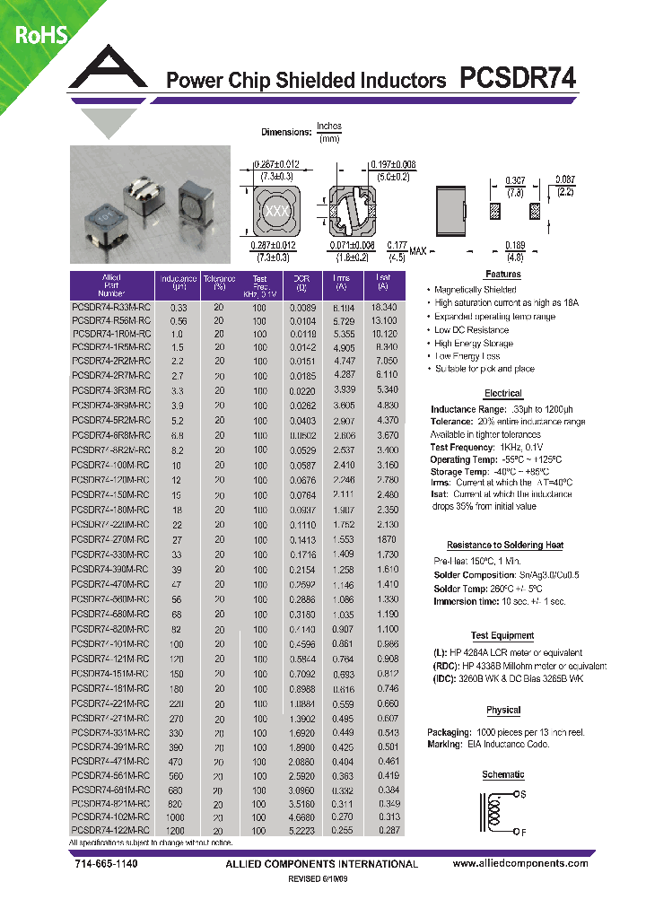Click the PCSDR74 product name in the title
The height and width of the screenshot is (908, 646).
point(518,79)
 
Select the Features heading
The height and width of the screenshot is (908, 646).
point(502,275)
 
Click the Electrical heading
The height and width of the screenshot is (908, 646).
point(502,393)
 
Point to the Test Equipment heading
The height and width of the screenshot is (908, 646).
point(502,635)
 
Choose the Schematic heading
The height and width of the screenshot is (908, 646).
point(502,774)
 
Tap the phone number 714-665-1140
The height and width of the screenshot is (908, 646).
point(104,863)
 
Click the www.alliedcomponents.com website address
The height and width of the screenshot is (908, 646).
point(520,863)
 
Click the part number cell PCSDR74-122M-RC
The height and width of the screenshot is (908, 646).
point(111,831)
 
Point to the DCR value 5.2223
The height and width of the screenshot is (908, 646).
point(301,831)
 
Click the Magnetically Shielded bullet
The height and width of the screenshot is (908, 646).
point(475,290)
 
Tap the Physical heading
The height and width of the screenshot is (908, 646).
point(502,710)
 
